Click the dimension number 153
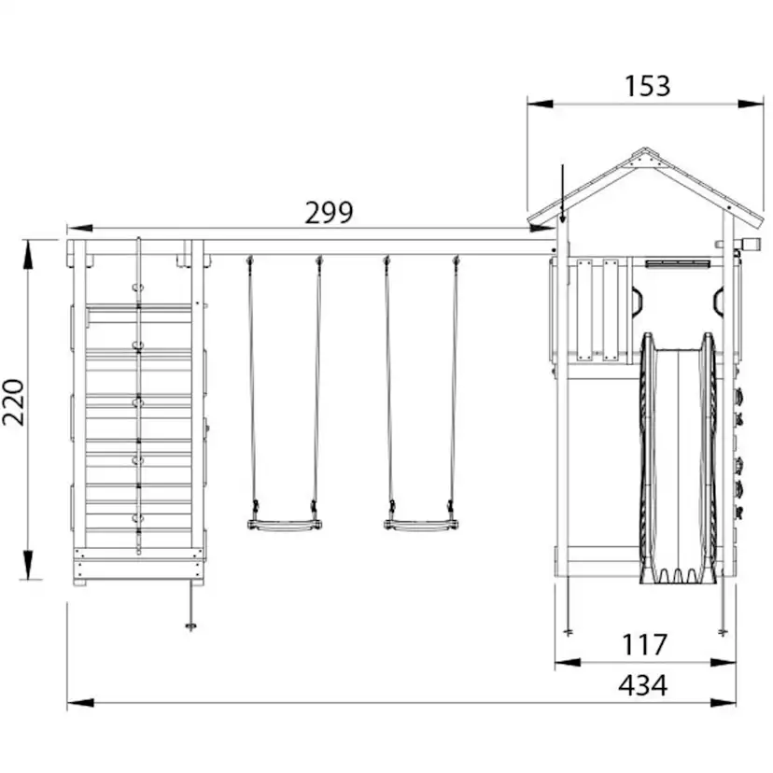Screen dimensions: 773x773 647,86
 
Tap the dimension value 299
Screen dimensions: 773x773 329,213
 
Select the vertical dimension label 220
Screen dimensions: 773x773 13,401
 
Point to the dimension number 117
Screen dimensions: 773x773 645,644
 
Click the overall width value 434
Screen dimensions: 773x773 643,684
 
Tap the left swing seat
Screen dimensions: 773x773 285,525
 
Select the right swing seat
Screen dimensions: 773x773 420,525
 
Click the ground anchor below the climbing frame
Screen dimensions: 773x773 190,608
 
